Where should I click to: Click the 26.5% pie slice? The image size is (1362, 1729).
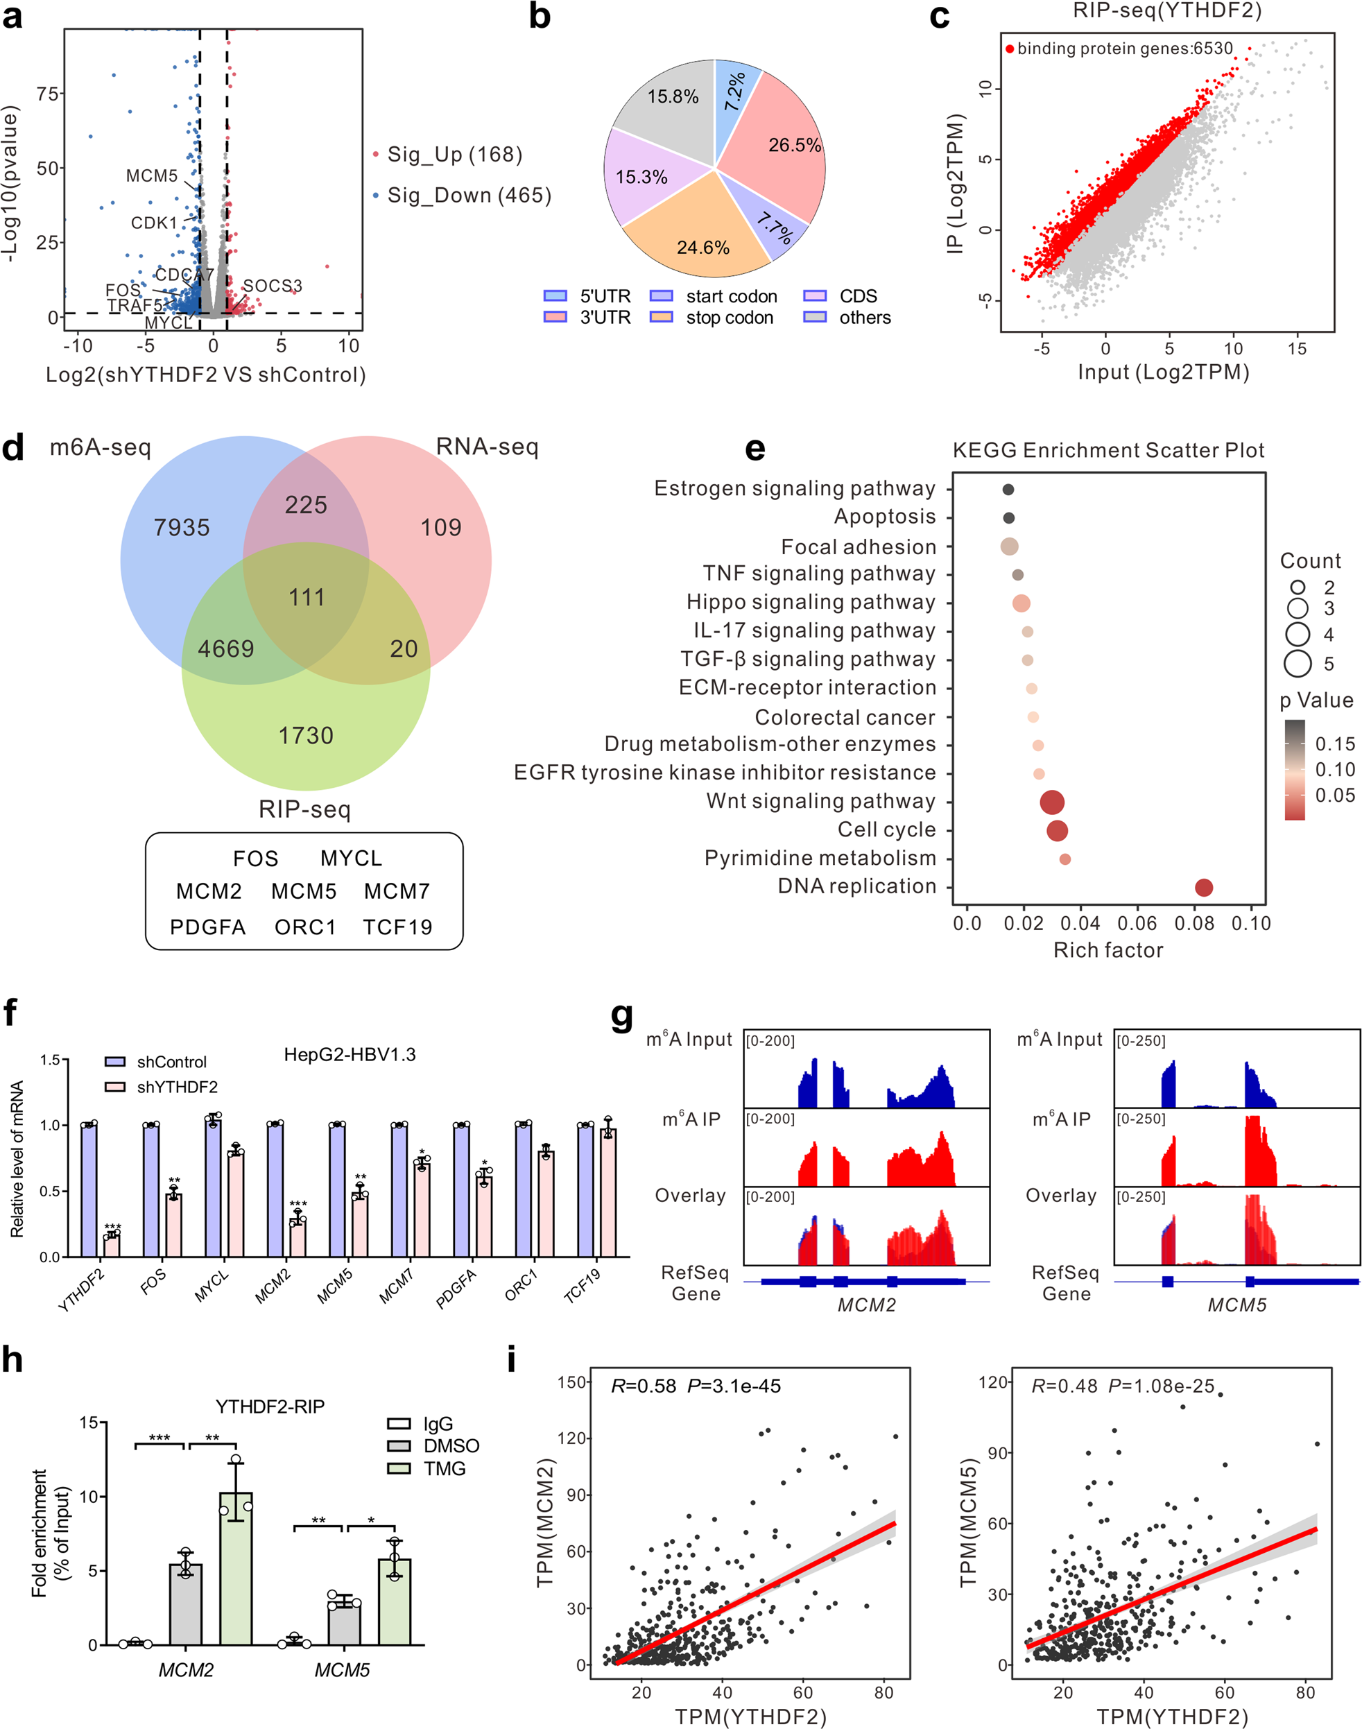pyautogui.click(x=786, y=151)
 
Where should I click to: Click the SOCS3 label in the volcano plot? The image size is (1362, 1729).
pyautogui.click(x=272, y=286)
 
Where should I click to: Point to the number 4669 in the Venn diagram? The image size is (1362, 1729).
pyautogui.click(x=225, y=648)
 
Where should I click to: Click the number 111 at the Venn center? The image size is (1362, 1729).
pyautogui.click(x=307, y=596)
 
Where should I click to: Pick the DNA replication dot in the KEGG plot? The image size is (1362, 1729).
pyautogui.click(x=1203, y=887)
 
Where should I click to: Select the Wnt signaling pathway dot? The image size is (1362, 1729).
pyautogui.click(x=1052, y=802)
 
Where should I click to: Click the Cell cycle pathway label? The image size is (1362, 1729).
pyautogui.click(x=886, y=829)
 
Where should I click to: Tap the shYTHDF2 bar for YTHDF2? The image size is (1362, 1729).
pyautogui.click(x=112, y=1245)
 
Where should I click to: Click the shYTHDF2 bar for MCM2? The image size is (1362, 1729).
pyautogui.click(x=298, y=1238)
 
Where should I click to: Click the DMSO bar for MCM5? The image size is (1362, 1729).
pyautogui.click(x=344, y=1624)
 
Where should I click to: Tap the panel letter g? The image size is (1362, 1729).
pyautogui.click(x=622, y=1017)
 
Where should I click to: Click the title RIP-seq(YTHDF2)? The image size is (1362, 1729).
pyautogui.click(x=1166, y=11)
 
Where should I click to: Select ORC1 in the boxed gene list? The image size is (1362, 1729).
pyautogui.click(x=304, y=927)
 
